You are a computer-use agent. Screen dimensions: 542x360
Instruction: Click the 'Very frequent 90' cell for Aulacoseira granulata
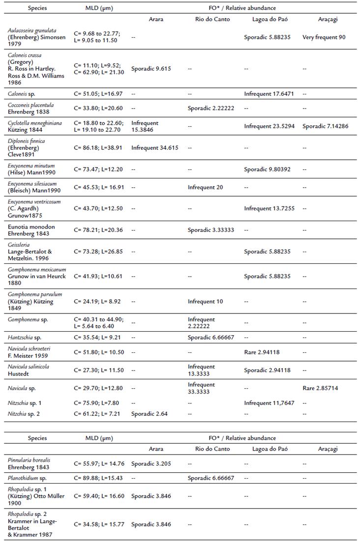pyautogui.click(x=324, y=37)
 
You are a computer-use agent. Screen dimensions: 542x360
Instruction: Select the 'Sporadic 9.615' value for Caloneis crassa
pyautogui.click(x=151, y=69)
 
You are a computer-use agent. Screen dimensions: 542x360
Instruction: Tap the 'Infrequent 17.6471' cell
pyautogui.click(x=269, y=93)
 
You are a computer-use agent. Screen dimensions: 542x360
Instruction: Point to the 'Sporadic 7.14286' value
pyautogui.click(x=325, y=126)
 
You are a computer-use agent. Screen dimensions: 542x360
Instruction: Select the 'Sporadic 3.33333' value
pyautogui.click(x=212, y=230)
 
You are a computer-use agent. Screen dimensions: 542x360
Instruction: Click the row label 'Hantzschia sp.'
pyautogui.click(x=25, y=338)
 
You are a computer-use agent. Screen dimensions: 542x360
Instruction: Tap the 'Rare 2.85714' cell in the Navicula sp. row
pyautogui.click(x=320, y=388)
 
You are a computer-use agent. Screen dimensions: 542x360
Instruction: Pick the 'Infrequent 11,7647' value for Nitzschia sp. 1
pyautogui.click(x=269, y=403)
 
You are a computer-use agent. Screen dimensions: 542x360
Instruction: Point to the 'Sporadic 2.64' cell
pyautogui.click(x=149, y=414)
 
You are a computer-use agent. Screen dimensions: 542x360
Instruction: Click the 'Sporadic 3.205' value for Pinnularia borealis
pyautogui.click(x=151, y=463)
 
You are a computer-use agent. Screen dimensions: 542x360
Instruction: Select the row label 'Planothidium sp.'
pyautogui.click(x=28, y=478)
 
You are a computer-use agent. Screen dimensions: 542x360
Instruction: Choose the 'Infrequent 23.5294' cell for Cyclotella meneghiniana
pyautogui.click(x=269, y=126)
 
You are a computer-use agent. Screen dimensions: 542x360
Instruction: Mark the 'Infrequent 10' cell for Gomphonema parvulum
pyautogui.click(x=205, y=301)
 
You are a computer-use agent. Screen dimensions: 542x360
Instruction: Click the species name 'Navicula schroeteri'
pyautogui.click(x=28, y=348)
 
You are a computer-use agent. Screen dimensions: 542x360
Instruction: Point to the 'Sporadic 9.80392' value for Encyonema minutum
pyautogui.click(x=267, y=169)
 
